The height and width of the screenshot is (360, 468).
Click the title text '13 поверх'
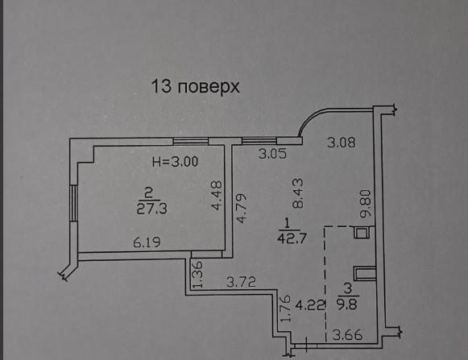(196, 86)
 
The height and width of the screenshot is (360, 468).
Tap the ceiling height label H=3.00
(176, 162)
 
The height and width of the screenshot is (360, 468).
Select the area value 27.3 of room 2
(152, 209)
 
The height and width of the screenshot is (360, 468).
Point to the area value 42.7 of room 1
(292, 238)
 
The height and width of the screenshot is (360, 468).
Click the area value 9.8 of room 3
(348, 304)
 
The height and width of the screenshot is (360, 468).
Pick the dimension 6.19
(147, 242)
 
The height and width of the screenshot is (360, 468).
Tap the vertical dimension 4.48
(217, 195)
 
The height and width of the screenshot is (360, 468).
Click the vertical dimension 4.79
(241, 209)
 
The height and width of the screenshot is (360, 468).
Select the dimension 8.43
(297, 193)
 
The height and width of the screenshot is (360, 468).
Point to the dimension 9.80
(366, 204)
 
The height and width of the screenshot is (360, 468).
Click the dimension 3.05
(272, 154)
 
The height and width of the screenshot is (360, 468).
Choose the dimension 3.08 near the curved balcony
(342, 142)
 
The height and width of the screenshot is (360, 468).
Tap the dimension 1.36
(198, 275)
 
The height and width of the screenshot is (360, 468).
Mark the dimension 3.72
(241, 282)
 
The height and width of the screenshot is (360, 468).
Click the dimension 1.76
(286, 308)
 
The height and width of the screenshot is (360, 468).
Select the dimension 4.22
(309, 305)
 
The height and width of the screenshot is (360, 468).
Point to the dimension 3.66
(347, 335)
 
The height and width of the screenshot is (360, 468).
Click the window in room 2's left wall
(74, 203)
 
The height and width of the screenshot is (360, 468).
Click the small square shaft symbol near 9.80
(362, 233)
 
